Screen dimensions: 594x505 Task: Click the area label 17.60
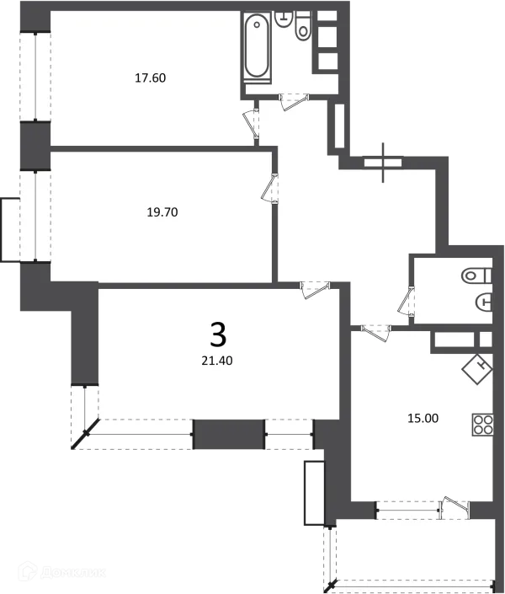point(151,78)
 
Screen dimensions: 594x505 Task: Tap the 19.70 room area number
point(162,212)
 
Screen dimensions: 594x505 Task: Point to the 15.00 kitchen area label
point(422,417)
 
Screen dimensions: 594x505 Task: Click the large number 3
point(217,335)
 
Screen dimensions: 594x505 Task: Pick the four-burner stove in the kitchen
point(483,424)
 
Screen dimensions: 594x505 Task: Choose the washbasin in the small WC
point(484,301)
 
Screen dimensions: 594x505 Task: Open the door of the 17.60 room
point(251,122)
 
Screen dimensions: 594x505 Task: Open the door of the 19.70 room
point(269,187)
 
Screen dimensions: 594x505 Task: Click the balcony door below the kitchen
point(456,505)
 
